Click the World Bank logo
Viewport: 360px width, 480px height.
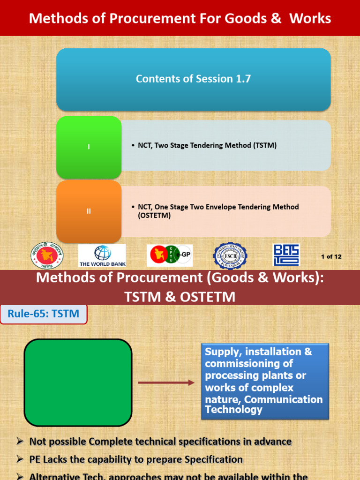coord(102,255)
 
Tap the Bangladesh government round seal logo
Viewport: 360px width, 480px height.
coord(47,255)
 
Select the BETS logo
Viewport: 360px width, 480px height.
coord(286,255)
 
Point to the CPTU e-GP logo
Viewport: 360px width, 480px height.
coord(169,255)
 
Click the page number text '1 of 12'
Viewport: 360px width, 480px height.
coord(331,256)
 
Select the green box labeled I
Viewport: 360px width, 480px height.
coord(89,147)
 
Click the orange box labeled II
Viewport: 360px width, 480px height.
coord(89,211)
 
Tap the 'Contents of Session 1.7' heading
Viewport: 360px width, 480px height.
coord(193,79)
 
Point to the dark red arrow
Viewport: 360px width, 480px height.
coord(166,382)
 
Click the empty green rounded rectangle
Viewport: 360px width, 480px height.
coord(78,382)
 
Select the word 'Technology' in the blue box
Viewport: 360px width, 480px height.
coord(233,410)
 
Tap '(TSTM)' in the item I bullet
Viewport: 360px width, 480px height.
coord(264,145)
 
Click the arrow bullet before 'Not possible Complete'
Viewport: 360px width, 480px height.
coord(20,441)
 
